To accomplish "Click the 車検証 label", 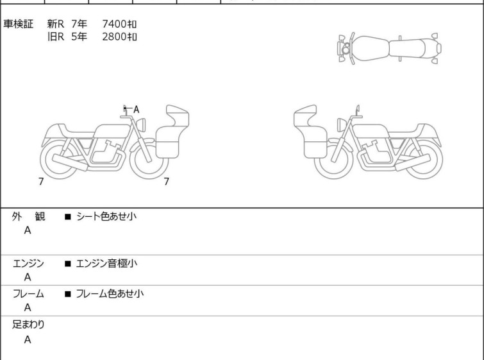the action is tap(18, 24).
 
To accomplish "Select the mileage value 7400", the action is tap(114, 24).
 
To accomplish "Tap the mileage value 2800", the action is tap(114, 37).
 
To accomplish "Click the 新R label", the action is tap(56, 24).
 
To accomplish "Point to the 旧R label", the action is tap(56, 37).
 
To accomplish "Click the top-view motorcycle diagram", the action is tap(389, 49).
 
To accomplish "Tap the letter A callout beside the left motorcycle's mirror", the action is tap(136, 109).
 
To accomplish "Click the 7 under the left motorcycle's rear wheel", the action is tap(41, 182).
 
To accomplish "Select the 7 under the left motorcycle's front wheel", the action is tap(167, 182).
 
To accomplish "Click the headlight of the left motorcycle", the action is tap(141, 125).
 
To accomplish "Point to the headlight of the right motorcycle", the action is tap(342, 125).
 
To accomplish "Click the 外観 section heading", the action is tap(28, 216).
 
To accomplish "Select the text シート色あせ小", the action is tap(106, 216).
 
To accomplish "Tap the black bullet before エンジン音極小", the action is tap(67, 264).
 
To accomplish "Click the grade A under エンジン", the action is tap(28, 277).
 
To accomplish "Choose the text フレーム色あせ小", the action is tap(110, 293).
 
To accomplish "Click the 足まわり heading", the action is tap(28, 325).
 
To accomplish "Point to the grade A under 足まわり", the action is tap(28, 339).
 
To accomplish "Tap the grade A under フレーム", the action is tap(28, 307).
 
